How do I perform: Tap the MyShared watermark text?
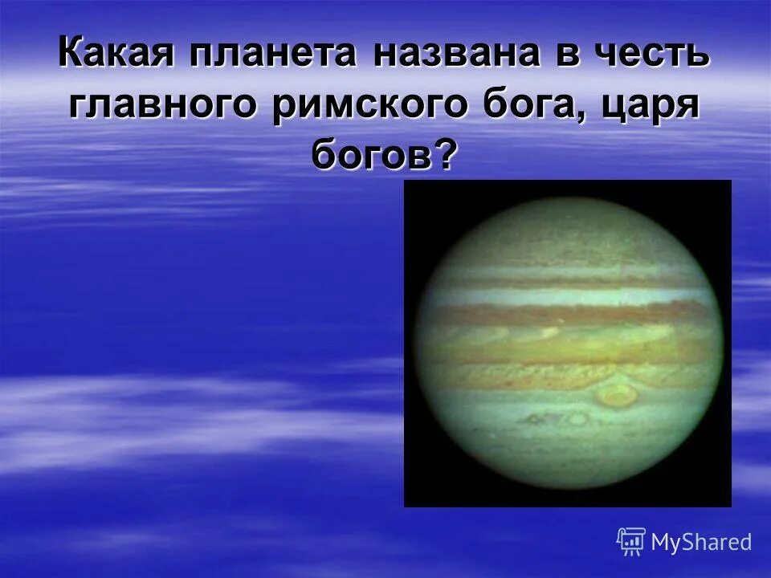coord(701,542)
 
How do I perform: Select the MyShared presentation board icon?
coord(631,542)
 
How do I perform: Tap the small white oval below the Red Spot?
coord(577,418)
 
